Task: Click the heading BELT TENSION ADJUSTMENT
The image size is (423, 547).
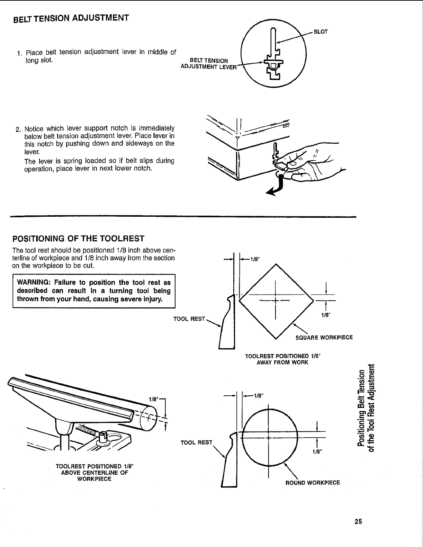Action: [x=71, y=18]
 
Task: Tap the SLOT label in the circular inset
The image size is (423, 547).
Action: [x=320, y=32]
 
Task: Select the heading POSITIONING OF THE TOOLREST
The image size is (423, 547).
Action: [x=78, y=239]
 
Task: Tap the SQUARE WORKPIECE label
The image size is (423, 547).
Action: [x=324, y=337]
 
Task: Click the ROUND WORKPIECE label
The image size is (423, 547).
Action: [x=313, y=483]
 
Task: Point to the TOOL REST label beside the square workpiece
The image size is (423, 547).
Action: [x=189, y=319]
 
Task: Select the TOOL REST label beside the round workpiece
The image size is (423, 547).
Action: [x=197, y=442]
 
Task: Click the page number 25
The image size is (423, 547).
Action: [x=358, y=521]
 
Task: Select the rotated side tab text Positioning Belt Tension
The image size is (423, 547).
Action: [x=362, y=409]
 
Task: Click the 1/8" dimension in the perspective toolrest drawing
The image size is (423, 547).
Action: [x=153, y=399]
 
